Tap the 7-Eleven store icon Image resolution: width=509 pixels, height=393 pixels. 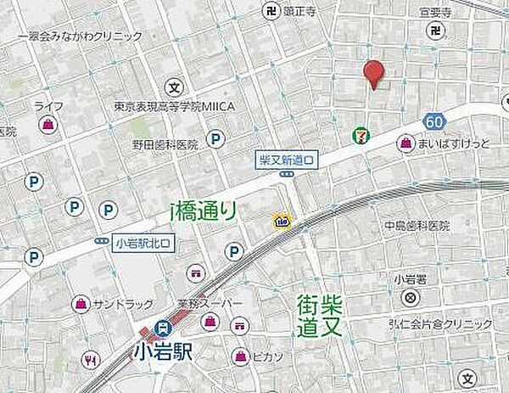(361, 135)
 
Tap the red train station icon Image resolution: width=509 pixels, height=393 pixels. (161, 326)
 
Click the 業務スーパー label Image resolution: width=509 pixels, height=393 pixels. (210, 304)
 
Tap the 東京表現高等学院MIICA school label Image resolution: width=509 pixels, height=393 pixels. (174, 106)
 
